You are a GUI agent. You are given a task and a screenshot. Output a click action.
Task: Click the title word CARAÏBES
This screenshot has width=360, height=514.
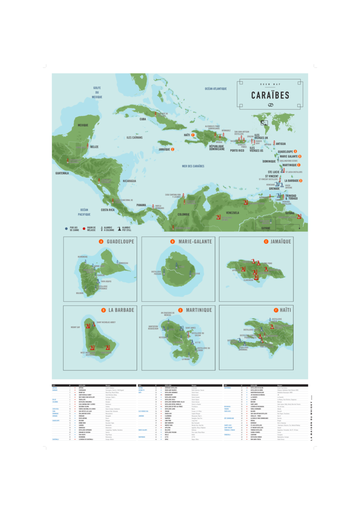coord(270,95)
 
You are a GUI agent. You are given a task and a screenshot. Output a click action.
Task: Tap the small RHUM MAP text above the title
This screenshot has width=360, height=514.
coord(270,86)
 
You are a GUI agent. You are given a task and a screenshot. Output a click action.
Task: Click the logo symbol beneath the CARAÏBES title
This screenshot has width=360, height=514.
coord(270,105)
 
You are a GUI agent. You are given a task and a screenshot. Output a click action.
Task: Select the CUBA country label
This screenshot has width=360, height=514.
coord(143,120)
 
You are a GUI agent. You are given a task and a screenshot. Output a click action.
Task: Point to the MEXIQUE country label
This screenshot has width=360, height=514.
coord(83,125)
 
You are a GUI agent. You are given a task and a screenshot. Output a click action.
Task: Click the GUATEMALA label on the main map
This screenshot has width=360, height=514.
coord(62,173)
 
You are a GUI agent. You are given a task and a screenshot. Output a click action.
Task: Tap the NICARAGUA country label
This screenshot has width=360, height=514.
coord(129,181)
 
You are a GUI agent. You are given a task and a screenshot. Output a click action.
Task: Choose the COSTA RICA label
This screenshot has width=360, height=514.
coord(107,210)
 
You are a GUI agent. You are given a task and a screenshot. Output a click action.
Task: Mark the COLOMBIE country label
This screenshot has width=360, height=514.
coord(184,214)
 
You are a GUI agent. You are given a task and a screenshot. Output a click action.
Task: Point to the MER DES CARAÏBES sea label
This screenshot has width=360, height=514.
coord(193,166)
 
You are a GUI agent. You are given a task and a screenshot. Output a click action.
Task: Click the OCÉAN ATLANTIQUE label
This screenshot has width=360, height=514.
coord(216,89)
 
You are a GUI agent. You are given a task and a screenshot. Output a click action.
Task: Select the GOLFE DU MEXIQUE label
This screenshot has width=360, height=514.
coord(97,92)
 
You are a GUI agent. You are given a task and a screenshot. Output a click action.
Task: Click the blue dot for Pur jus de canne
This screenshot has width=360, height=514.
coord(66,229)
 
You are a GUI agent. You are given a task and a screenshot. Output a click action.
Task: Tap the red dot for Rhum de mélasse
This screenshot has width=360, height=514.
coord(83,229)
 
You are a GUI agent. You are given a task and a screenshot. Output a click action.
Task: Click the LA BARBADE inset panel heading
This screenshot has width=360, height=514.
coord(121,310)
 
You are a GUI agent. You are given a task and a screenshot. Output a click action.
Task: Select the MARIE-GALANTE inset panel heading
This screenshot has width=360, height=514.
coord(195,242)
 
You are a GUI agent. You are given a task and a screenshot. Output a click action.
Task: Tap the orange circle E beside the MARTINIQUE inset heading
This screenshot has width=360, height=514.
coord(181,310)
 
